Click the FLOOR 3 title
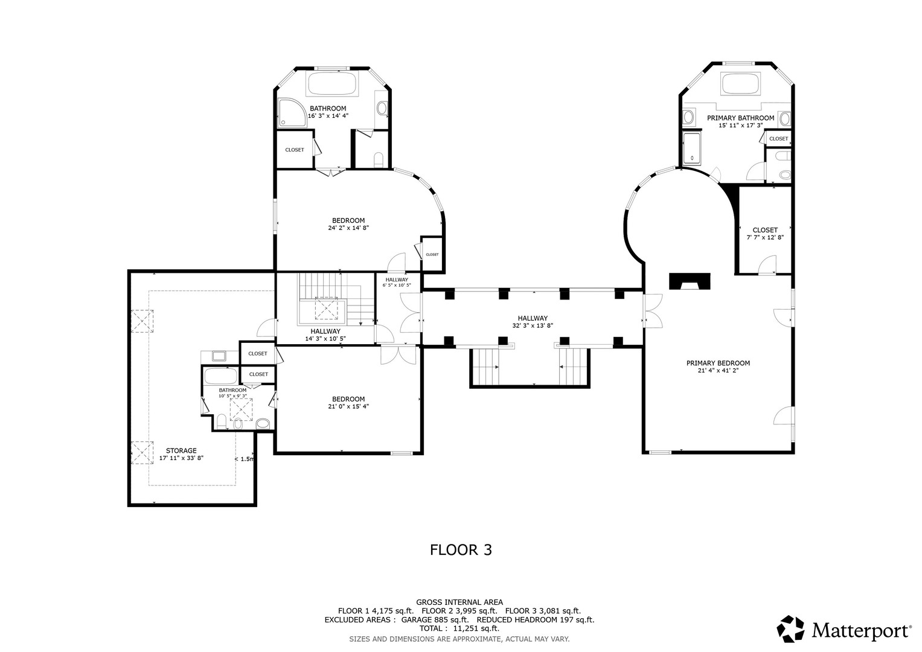pos(461,550)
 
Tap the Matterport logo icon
pos(790,629)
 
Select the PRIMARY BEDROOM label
pos(718,363)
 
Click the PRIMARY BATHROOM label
pos(740,118)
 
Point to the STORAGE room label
pos(181,451)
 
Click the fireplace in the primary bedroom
pos(690,281)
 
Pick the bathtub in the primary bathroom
pos(740,83)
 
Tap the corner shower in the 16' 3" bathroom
pos(292,112)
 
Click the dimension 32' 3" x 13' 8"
pos(532,325)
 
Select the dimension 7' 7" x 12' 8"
pos(765,237)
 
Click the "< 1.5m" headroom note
pos(245,459)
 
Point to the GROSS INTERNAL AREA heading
pos(459,602)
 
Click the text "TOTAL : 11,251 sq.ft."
pos(459,628)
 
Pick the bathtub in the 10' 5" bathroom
pos(220,376)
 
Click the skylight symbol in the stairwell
pos(326,308)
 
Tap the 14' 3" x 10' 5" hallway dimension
pos(325,339)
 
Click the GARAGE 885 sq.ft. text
pos(435,620)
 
